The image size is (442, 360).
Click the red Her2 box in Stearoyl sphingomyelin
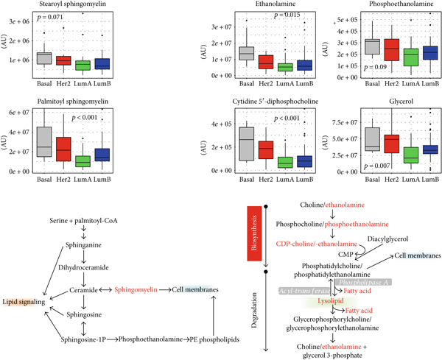click(x=63, y=60)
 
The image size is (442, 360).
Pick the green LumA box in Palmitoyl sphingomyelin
click(x=83, y=160)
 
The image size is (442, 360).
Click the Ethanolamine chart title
click(x=262, y=4)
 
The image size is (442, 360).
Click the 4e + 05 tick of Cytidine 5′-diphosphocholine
click(x=221, y=124)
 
